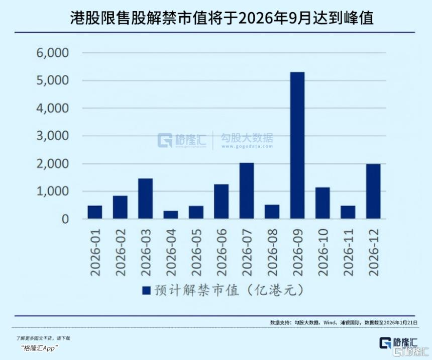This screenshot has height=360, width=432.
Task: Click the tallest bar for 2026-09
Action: tap(297, 145)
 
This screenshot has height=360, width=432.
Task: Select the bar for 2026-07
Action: tap(246, 191)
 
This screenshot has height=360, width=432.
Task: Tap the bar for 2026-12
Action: tap(373, 192)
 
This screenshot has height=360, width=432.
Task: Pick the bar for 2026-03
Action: tap(145, 199)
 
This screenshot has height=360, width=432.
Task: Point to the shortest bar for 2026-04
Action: tap(170, 215)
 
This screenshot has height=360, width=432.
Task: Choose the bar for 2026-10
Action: tap(322, 203)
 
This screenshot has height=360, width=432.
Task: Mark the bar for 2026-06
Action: tap(221, 202)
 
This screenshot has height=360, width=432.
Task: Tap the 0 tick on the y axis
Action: tap(65, 219)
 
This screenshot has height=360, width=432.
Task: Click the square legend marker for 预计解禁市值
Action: tap(146, 291)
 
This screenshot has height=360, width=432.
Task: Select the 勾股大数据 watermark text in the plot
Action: tap(246, 138)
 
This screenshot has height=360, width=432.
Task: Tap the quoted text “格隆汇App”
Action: tap(40, 348)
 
